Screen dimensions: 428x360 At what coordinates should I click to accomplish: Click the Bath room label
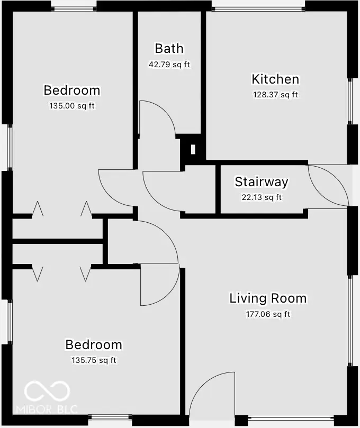coord(169,49)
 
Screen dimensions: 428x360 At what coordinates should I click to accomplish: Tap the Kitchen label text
coord(275,79)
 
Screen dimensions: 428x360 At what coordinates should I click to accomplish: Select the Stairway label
coord(262,182)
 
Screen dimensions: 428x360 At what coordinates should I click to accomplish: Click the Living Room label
coord(267,298)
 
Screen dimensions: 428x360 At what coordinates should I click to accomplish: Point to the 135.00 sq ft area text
coord(71,106)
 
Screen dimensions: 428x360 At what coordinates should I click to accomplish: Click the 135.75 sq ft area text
coord(94,361)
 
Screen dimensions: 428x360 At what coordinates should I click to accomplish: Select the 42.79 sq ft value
coord(169,65)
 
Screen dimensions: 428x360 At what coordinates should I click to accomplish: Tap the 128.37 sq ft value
coord(275,95)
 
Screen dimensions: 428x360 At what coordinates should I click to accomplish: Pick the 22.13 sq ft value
coord(262,198)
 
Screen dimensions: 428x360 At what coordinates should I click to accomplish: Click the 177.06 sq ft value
coord(267,314)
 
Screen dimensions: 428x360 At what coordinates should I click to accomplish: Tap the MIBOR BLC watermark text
coord(47,409)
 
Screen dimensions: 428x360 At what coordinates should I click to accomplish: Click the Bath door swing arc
coord(157,117)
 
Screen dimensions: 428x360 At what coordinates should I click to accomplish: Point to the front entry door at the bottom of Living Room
coord(212,391)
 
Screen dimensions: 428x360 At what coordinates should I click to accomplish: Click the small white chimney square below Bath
coord(193,149)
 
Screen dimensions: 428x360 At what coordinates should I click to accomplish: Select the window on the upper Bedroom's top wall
coord(74,8)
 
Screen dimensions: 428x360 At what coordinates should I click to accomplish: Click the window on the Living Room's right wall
coord(349,320)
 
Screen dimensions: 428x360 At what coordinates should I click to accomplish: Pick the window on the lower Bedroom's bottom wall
coord(110,418)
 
